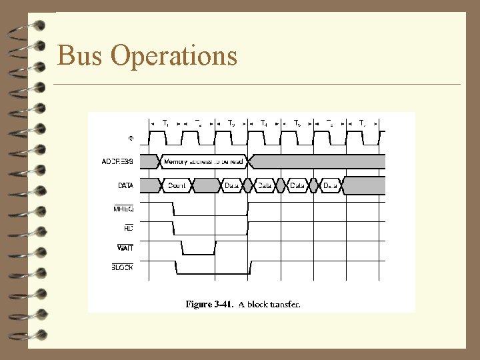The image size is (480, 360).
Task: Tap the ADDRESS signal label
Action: [118, 161]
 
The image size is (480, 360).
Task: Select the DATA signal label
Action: [125, 185]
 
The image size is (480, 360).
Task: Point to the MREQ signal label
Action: [123, 209]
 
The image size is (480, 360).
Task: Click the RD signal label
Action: [128, 228]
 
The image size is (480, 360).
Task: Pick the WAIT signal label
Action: [125, 247]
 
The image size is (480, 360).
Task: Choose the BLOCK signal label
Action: [122, 267]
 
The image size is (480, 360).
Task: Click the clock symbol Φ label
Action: [131, 139]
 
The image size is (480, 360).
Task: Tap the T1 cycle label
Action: [165, 123]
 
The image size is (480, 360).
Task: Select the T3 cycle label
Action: [231, 123]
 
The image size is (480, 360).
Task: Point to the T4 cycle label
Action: [264, 123]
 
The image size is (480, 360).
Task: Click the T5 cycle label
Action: [297, 123]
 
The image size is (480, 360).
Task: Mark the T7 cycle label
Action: [362, 123]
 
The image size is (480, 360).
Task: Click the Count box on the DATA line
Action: [177, 185]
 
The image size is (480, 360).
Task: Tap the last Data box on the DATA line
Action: [330, 185]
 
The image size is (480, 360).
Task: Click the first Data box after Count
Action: [232, 185]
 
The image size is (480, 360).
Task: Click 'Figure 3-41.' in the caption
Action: [209, 304]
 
